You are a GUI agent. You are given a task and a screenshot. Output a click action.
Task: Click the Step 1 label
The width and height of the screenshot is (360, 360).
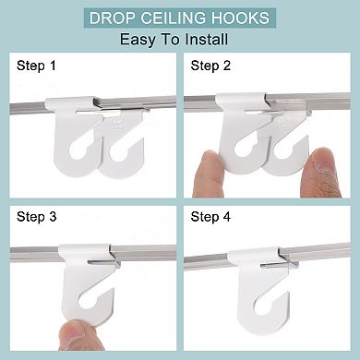coord(35,66)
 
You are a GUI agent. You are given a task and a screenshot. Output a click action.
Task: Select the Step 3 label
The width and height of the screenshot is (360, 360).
coord(35,218)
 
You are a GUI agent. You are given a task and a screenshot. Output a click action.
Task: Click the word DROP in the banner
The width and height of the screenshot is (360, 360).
coord(115,18)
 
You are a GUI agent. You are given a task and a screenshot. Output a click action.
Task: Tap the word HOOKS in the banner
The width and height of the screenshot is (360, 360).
coord(244,18)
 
